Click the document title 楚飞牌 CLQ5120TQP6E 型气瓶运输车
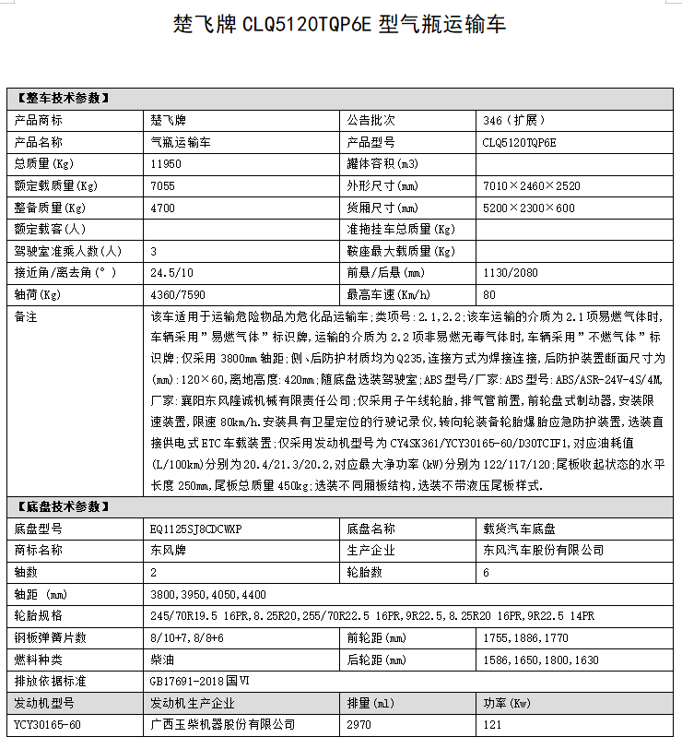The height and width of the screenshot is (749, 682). pos(340,24)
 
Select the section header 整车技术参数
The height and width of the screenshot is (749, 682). pos(63,98)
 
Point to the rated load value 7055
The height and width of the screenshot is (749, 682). pos(162,185)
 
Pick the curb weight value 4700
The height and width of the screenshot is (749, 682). pos(162,208)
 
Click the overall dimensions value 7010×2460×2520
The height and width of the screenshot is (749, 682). pos(532,185)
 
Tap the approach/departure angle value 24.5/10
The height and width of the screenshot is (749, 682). pos(170,273)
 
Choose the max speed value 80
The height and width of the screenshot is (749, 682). pos(489,295)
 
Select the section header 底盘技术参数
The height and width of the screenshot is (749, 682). pos(63,506)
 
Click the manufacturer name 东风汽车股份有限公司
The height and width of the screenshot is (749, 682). pos(544,550)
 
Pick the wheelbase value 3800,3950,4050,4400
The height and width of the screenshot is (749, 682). pos(207,595)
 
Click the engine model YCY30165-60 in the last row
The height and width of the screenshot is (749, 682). pos(48,725)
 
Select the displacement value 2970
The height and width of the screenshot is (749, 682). pos(360,725)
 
